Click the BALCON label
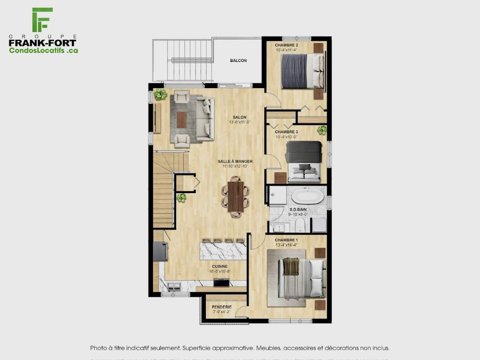pyautogui.click(x=238, y=60)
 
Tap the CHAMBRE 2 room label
pyautogui.click(x=287, y=45)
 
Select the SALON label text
pyautogui.click(x=240, y=117)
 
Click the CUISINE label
pyautogui.click(x=220, y=266)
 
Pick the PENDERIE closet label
pyautogui.click(x=222, y=307)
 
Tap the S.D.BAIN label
pyautogui.click(x=298, y=210)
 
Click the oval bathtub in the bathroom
pyautogui.click(x=308, y=196)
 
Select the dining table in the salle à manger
pyautogui.click(x=235, y=196)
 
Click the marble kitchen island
pyautogui.click(x=223, y=250)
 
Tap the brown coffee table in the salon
pyautogui.click(x=181, y=120)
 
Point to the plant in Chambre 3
pyautogui.click(x=322, y=130)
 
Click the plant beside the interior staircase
pyautogui.click(x=181, y=198)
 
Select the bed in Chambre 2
pyautogui.click(x=302, y=71)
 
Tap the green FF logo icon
pyautogui.click(x=42, y=20)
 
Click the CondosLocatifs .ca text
pyautogui.click(x=44, y=50)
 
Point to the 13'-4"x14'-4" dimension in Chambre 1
pyautogui.click(x=286, y=244)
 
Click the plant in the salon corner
pyautogui.click(x=160, y=94)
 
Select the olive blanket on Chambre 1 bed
pyautogui.click(x=291, y=267)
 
